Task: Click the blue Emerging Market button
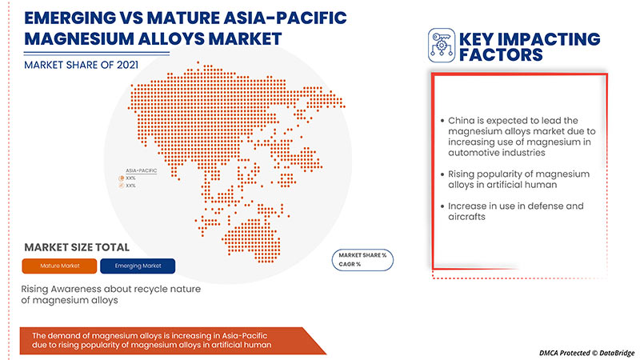[x=137, y=266]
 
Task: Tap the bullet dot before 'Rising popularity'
[x=442, y=174]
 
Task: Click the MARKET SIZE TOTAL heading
[x=77, y=246]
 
